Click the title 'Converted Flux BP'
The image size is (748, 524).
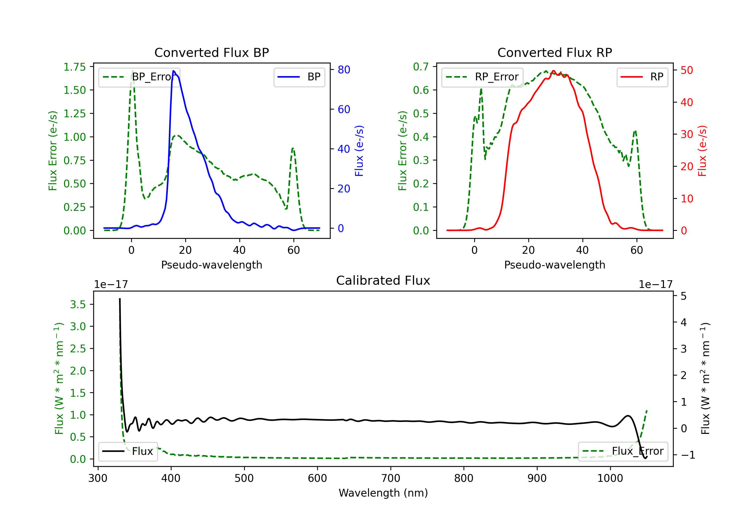pyautogui.click(x=211, y=52)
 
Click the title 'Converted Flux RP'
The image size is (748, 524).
pyautogui.click(x=555, y=52)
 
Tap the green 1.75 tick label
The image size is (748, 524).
pyautogui.click(x=75, y=67)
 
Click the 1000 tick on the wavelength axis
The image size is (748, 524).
pyautogui.click(x=610, y=478)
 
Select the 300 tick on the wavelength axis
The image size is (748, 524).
pyautogui.click(x=98, y=478)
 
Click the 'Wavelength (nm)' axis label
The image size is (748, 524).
pyautogui.click(x=383, y=493)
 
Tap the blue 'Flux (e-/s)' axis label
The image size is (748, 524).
pyautogui.click(x=359, y=151)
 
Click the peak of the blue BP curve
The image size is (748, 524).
pyautogui.click(x=173, y=71)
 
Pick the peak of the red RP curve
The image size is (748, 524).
pyautogui.click(x=553, y=71)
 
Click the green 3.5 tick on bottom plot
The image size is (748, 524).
pyautogui.click(x=78, y=305)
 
